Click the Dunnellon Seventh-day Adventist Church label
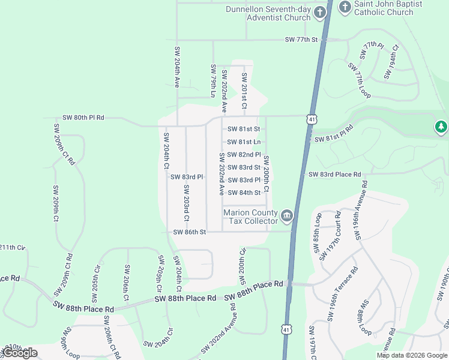268,13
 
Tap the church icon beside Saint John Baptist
345,7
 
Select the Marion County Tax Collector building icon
287,215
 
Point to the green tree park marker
441,127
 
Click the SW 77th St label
301,40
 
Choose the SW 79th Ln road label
212,81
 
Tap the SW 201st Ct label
244,90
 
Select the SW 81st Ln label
244,142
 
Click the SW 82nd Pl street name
244,155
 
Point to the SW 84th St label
244,193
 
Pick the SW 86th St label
190,232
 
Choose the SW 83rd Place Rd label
335,175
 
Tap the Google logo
20,353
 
